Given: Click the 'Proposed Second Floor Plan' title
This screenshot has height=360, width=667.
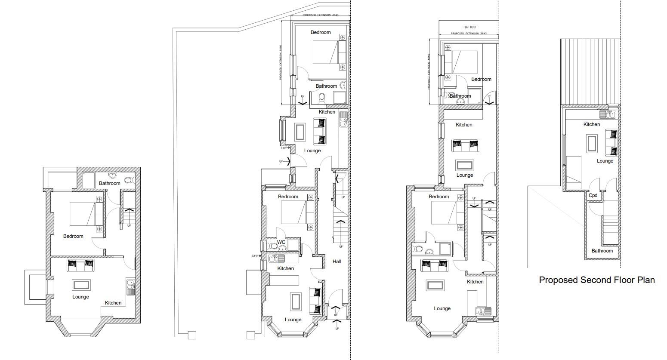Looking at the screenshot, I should coord(597,280).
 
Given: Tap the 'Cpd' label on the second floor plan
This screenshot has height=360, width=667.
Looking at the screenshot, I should coord(593,195).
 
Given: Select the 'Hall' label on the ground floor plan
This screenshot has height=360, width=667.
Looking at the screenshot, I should coord(337,261).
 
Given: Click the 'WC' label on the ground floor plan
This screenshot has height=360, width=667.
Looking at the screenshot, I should coord(281,242).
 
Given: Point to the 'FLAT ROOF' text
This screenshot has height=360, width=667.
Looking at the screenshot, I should coord(469,27).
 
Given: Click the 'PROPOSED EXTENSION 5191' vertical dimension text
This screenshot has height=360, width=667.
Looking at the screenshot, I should coord(280,62).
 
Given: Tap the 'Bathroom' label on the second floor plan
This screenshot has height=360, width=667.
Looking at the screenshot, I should coord(602,251).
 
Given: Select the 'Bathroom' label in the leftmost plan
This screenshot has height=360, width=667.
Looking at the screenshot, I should coord(109,183).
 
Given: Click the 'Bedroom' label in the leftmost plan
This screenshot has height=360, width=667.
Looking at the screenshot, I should coord(73,236).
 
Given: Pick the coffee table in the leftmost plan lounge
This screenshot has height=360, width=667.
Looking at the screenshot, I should coord(81,285).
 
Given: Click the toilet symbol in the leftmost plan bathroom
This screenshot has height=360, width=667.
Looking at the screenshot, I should coord(129,180).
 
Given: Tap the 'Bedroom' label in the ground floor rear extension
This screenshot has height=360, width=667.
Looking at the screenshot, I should coord(321,32).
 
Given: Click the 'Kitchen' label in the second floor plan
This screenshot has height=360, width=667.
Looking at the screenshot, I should coord(591,124).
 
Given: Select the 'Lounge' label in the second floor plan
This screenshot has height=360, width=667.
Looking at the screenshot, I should coord(605,161).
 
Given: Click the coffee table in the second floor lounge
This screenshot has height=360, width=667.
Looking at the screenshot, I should coord(592,143).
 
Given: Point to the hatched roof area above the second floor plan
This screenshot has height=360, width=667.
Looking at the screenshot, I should coord(590,71).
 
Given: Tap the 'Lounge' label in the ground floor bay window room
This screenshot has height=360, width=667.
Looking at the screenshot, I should coord(293,320).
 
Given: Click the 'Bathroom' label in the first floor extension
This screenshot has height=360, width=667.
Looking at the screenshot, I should coord(460,96).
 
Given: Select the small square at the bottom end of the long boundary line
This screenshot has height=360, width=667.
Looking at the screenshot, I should coord(192,335).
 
